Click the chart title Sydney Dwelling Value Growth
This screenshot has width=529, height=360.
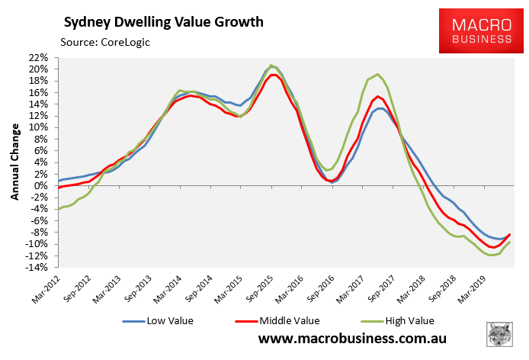click(x=163, y=21)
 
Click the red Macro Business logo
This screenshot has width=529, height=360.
click(x=477, y=27)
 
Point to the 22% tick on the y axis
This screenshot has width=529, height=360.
click(x=39, y=57)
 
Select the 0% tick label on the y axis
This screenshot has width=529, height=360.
click(x=43, y=185)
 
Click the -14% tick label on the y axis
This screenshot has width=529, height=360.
click(x=38, y=267)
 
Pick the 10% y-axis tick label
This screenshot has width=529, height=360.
click(x=40, y=127)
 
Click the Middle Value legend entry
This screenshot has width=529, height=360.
click(x=273, y=320)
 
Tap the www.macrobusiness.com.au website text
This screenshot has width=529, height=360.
click(x=352, y=339)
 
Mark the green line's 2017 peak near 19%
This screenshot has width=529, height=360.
click(x=378, y=74)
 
